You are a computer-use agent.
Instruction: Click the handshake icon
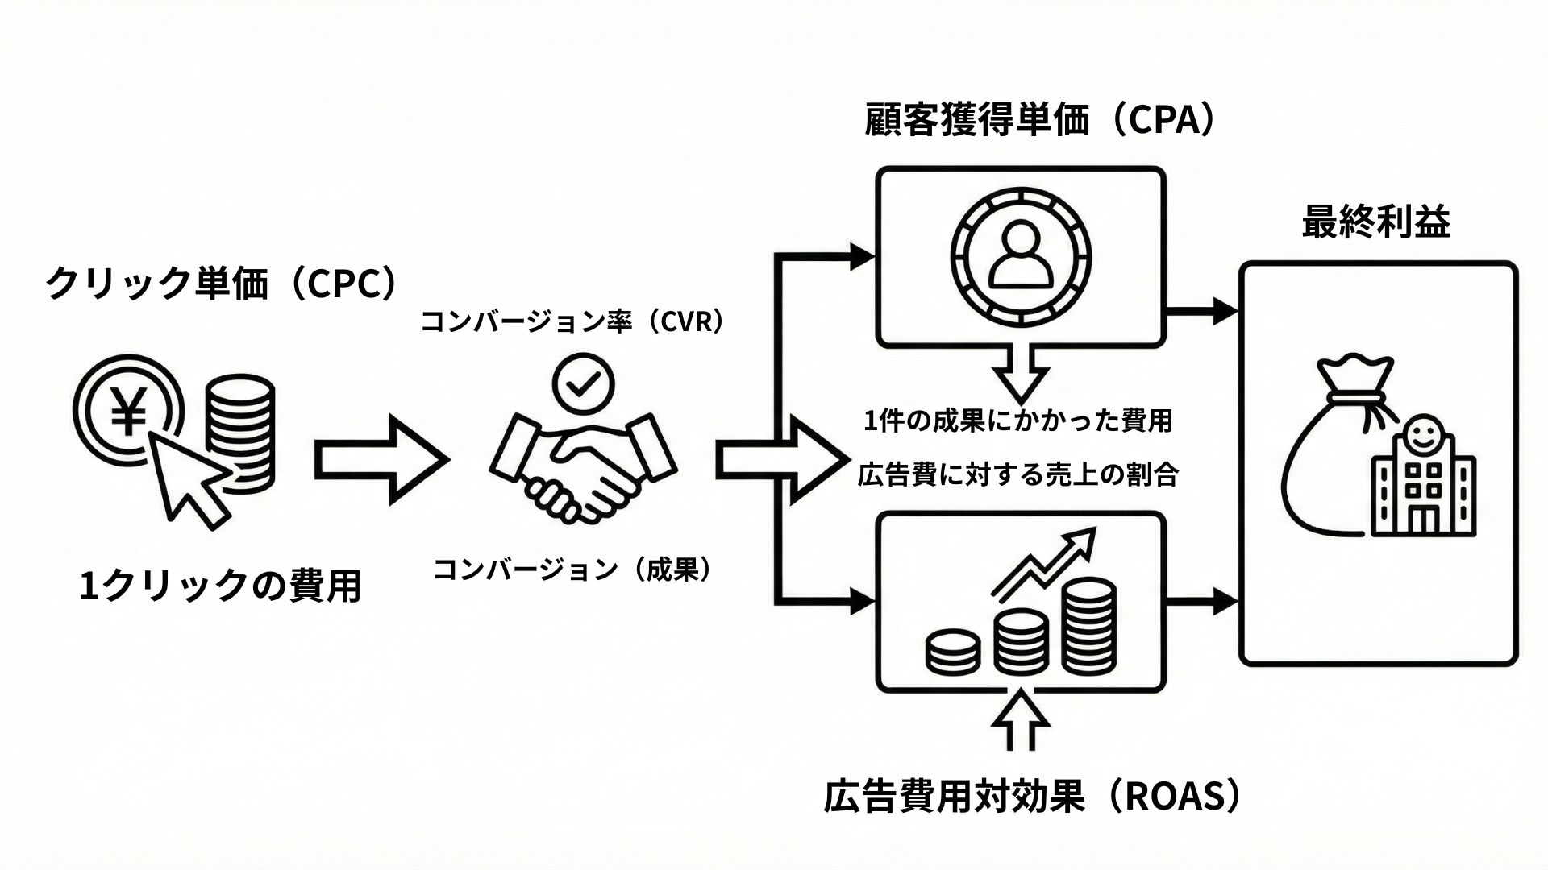point(582,467)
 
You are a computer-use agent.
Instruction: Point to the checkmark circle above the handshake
point(583,384)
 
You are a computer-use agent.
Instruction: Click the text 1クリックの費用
point(219,586)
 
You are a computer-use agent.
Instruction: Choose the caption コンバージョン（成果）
point(574,570)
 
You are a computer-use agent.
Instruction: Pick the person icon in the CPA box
point(1021,255)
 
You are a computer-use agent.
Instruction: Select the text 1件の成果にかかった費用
point(1017,420)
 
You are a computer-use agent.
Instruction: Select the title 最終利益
point(1376,222)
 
